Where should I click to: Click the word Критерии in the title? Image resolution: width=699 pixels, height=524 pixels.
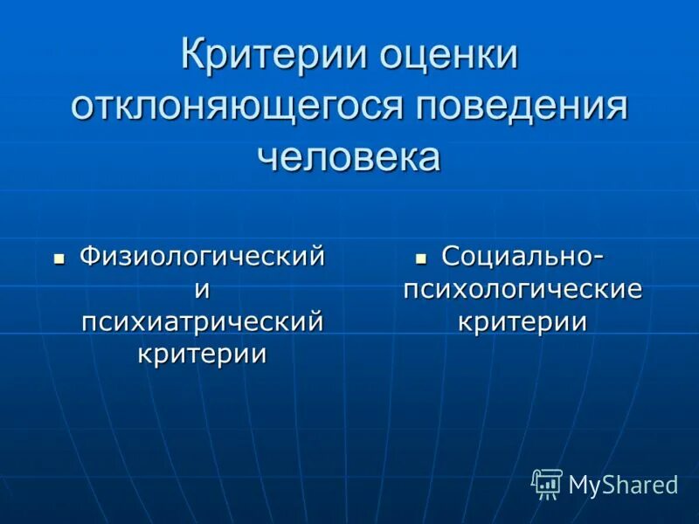point(273,56)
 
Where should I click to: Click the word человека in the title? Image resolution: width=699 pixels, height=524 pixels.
point(349,157)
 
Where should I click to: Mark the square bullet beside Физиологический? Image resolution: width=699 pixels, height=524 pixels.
point(59,259)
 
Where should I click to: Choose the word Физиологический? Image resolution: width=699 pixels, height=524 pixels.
point(202,257)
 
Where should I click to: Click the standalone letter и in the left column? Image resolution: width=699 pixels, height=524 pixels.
point(202,289)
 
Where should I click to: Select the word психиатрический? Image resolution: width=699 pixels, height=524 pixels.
point(202,321)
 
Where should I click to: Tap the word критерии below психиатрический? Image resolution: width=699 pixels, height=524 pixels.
point(202,354)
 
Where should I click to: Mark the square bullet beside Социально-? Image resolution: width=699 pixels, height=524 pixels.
point(421,259)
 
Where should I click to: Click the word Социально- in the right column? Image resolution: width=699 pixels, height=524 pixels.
point(523,257)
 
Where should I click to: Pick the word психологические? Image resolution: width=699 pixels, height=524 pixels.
point(523,289)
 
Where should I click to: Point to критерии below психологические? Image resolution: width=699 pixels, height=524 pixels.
point(523,321)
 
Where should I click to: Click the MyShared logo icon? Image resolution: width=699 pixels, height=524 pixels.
point(547,483)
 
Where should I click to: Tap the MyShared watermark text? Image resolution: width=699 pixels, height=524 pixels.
point(623,485)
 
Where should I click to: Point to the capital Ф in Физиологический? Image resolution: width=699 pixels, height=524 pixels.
point(88,257)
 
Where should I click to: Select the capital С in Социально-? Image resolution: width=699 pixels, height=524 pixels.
point(451,257)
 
